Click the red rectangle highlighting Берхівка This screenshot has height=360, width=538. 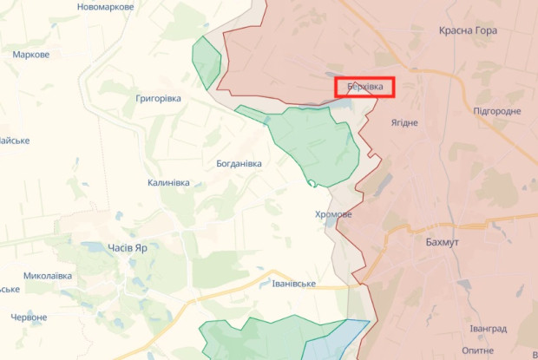tap(364, 87)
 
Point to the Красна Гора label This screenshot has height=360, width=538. tap(468, 30)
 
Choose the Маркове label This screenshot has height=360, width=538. tap(31, 55)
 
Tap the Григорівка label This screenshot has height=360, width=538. tap(158, 99)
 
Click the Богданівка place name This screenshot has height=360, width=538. tap(239, 163)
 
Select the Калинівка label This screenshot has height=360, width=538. tap(169, 183)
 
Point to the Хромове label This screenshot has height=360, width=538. tap(333, 214)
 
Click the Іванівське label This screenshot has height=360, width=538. tap(292, 284)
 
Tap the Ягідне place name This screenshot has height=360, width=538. tap(404, 122)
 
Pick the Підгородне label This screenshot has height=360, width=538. tap(497, 112)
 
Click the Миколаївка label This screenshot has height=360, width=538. tap(48, 276)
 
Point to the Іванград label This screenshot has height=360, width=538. tap(489, 329)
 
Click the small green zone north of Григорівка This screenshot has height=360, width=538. tap(206, 62)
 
